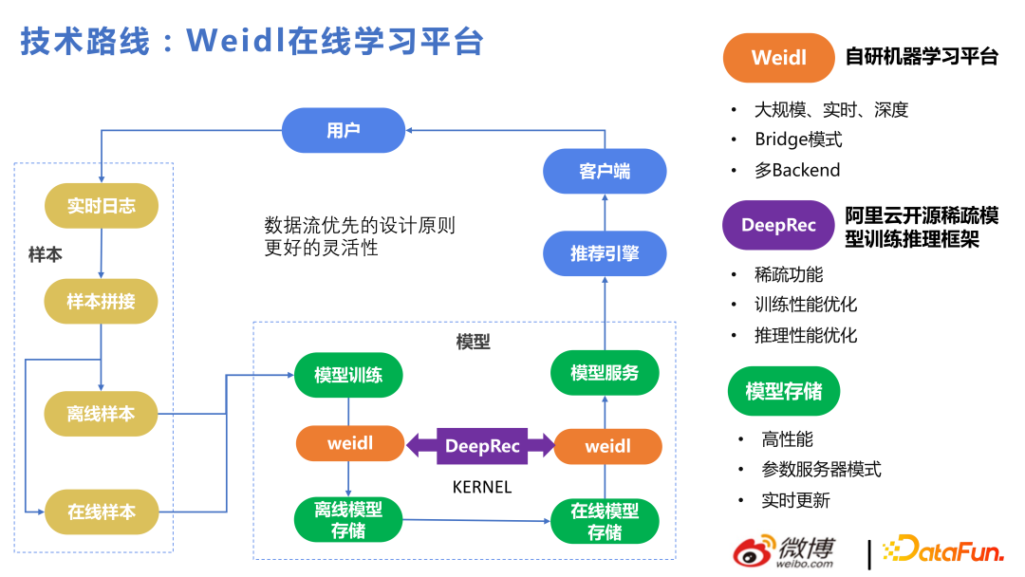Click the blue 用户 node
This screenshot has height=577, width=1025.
click(344, 130)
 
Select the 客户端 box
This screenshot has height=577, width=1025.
click(605, 172)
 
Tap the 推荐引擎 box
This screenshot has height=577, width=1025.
click(605, 253)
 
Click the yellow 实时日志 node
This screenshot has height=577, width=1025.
click(102, 206)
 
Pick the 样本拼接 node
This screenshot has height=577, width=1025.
click(102, 302)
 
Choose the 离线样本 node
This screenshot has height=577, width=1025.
click(102, 414)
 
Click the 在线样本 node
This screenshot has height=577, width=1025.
click(102, 512)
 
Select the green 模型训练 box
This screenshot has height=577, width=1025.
click(348, 375)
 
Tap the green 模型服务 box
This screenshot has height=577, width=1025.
click(605, 373)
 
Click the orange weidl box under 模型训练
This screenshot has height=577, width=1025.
click(350, 444)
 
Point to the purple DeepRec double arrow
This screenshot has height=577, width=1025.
click(482, 445)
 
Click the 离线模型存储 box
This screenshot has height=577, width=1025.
click(348, 520)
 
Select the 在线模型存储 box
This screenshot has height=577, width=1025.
click(605, 520)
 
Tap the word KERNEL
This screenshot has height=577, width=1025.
click(481, 487)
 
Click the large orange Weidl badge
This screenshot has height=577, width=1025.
click(778, 57)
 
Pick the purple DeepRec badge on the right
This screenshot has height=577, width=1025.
click(778, 226)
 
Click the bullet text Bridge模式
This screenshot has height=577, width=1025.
click(798, 140)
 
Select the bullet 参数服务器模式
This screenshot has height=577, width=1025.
click(821, 470)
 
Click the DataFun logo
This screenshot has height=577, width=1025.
click(943, 551)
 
